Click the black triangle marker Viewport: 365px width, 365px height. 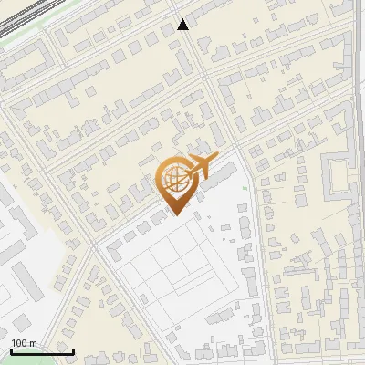tap(183, 25)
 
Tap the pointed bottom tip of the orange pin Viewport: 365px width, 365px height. tap(174, 214)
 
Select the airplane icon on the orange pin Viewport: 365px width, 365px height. tap(199, 167)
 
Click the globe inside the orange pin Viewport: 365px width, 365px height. tap(174, 181)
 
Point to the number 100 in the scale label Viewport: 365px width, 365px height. tap(19, 343)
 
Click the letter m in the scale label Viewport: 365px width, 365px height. tap(34, 343)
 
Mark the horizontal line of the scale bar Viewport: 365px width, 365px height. tap(42, 351)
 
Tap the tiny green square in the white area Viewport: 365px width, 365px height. tap(245, 189)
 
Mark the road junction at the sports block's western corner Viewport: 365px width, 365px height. tap(95, 245)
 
